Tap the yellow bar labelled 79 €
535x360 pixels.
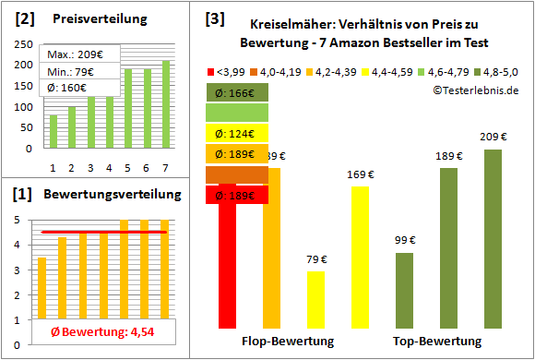point(315,299)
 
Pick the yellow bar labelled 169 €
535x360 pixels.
point(360,257)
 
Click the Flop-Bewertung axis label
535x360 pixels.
point(288,342)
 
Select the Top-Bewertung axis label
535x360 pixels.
point(437,342)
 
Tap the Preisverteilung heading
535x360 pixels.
point(90,18)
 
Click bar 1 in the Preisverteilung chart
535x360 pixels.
point(53,131)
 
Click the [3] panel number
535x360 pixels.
point(214,18)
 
